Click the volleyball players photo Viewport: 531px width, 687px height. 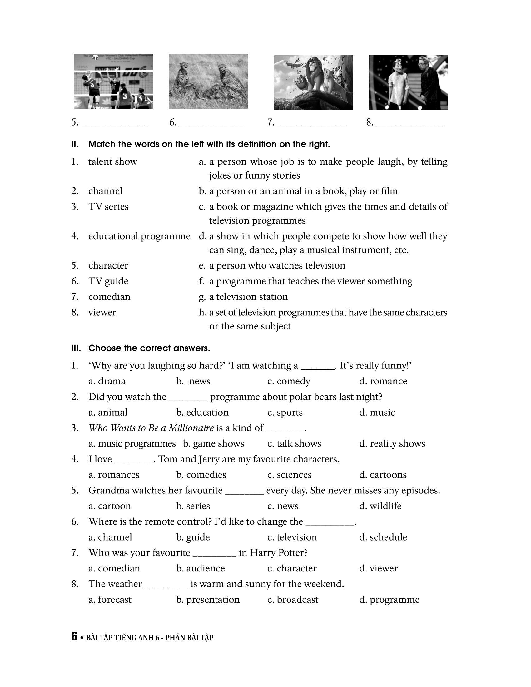click(114, 82)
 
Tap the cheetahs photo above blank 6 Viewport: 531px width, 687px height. click(209, 82)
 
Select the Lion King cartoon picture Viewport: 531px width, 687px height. click(313, 82)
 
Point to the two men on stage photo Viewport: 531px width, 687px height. click(408, 82)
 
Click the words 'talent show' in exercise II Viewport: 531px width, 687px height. click(113, 162)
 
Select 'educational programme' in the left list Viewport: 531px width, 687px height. click(139, 236)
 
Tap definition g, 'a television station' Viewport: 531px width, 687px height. click(248, 297)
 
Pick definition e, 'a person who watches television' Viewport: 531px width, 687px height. click(277, 266)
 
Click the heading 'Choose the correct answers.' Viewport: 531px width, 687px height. click(149, 348)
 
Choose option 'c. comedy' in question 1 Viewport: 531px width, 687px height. click(289, 381)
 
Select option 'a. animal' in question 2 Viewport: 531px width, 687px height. click(107, 413)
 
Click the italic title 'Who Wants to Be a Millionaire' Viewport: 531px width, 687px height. click(151, 428)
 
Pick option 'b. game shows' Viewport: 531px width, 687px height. click(213, 443)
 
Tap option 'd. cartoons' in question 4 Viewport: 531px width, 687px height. click(383, 475)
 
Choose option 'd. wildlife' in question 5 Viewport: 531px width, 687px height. click(380, 506)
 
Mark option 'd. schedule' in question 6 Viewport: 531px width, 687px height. click(383, 537)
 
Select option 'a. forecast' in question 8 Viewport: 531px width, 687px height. click(110, 600)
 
